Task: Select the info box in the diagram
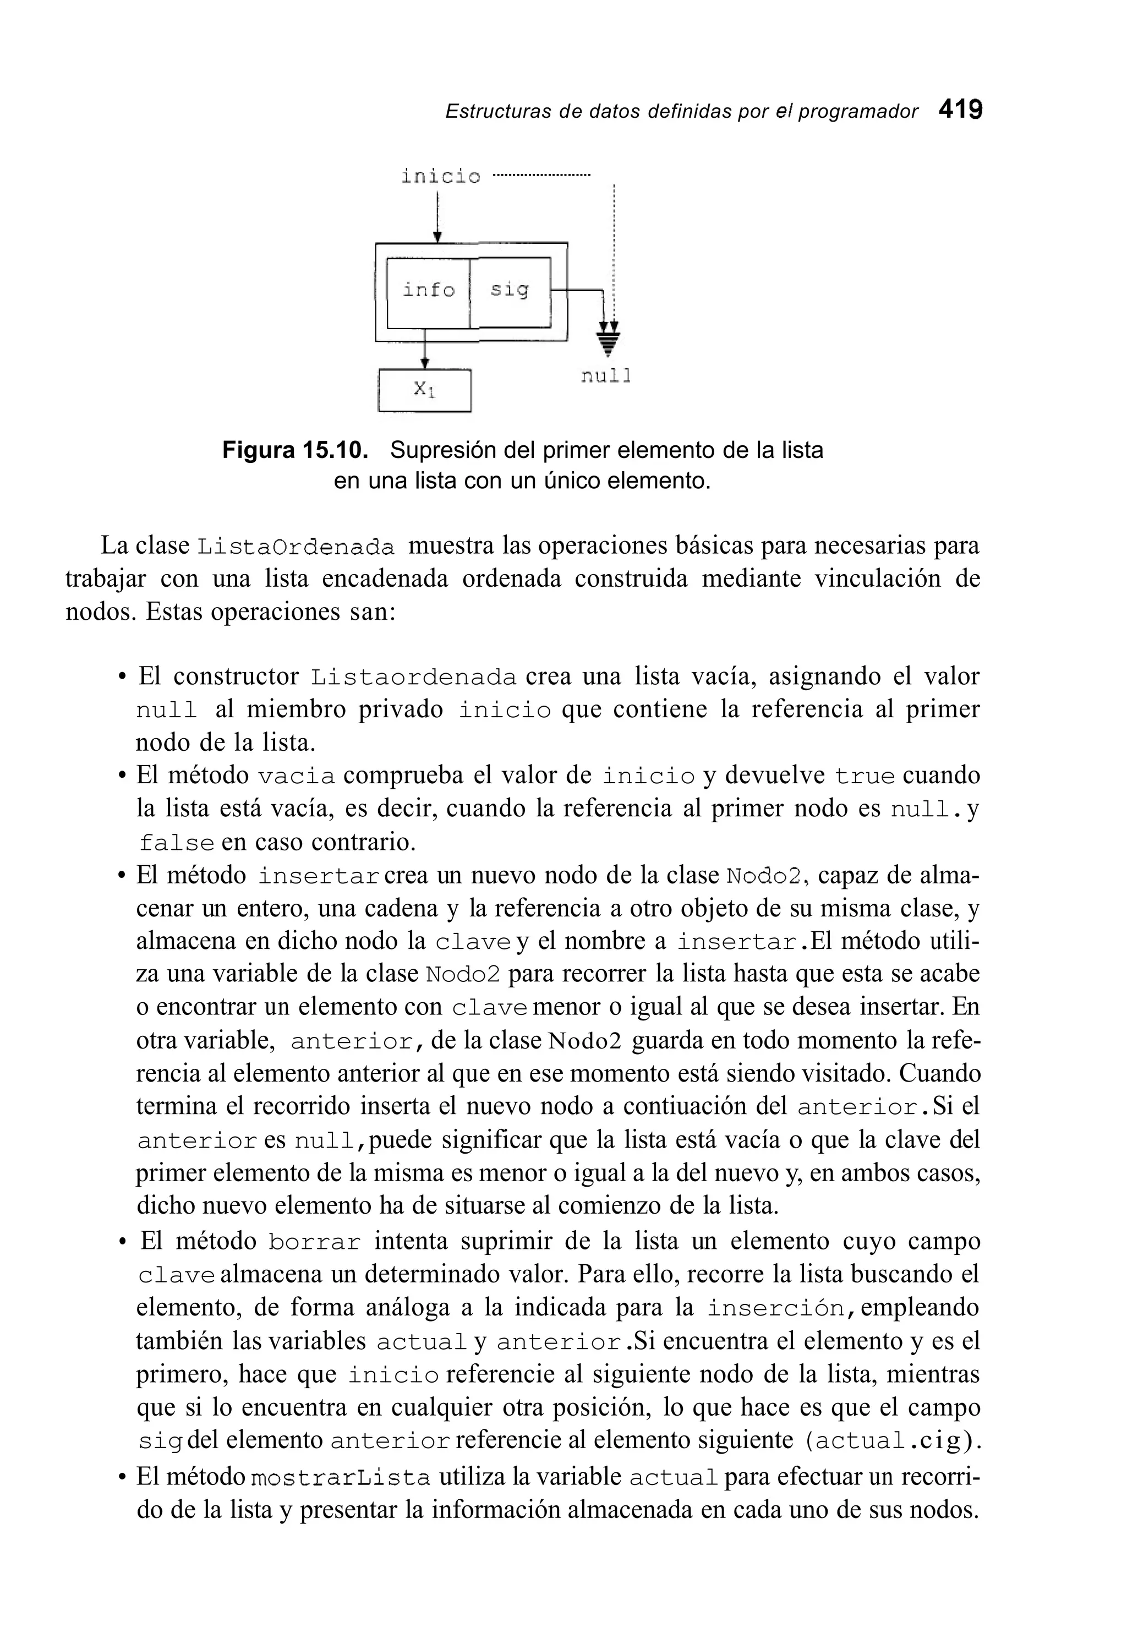click(429, 290)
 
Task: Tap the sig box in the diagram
click(510, 290)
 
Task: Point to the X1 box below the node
click(424, 389)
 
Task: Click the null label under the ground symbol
click(605, 376)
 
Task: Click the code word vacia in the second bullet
click(296, 776)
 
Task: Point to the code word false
click(177, 843)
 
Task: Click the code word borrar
click(314, 1242)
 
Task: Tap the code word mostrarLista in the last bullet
click(341, 1478)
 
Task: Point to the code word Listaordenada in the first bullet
click(414, 678)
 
